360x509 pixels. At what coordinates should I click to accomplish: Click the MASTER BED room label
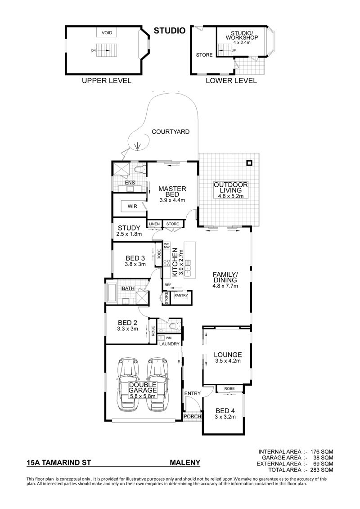[172, 191]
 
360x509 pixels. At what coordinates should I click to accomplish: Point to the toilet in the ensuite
[140, 170]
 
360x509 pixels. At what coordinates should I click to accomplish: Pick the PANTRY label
[181, 296]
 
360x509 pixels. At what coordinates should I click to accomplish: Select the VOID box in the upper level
[107, 33]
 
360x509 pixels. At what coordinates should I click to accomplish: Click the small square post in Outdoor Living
[249, 163]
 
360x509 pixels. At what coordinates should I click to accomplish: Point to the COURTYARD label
[171, 132]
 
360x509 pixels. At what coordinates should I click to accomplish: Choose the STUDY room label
[129, 228]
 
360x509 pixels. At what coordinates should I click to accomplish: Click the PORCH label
[193, 416]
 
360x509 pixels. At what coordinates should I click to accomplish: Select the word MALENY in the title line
[185, 463]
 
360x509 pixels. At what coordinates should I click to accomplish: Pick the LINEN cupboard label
[154, 224]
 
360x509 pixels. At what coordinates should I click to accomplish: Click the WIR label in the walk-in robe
[132, 206]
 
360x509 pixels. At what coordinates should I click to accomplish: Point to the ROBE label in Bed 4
[229, 388]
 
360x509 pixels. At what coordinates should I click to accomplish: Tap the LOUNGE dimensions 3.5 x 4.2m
[228, 361]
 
